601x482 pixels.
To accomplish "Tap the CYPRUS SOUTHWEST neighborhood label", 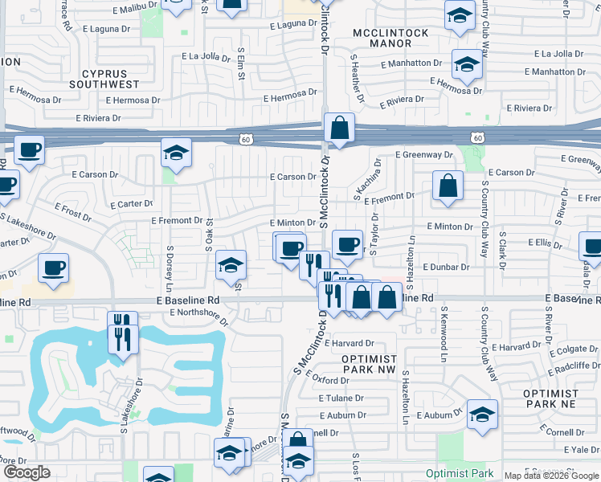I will click(104, 79).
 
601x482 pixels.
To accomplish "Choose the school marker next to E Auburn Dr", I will click(481, 415).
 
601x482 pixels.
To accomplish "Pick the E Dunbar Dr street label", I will click(448, 267).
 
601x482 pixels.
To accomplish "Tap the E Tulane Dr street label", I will click(342, 398).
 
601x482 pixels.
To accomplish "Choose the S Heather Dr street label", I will click(358, 80).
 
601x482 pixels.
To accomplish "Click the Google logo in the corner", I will click(27, 472).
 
